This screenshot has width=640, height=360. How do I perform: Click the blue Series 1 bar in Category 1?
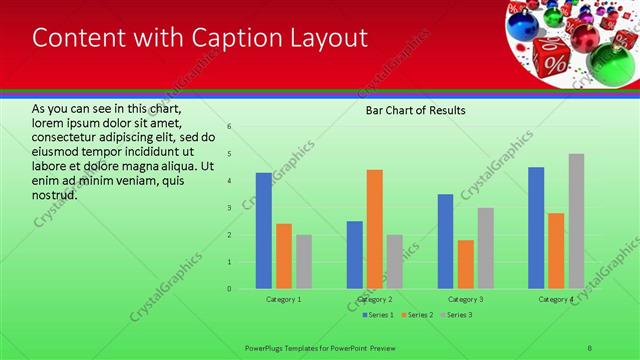[264, 231]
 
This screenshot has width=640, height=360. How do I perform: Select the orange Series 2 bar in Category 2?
[375, 229]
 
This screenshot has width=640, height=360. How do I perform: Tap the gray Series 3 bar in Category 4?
[577, 221]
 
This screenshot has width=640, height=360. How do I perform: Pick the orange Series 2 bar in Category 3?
[466, 264]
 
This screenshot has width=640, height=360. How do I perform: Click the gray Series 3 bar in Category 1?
[304, 262]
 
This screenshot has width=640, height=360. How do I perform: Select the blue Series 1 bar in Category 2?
[355, 255]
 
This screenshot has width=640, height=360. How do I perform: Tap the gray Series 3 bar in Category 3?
[486, 248]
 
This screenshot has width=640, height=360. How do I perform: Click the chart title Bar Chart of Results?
[415, 110]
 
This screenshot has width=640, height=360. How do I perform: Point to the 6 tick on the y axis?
[229, 127]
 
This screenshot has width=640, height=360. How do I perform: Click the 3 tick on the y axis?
[229, 208]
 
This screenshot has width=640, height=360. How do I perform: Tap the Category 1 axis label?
[284, 299]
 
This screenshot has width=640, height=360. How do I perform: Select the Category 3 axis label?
[466, 299]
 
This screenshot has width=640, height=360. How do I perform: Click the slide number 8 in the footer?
[590, 348]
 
